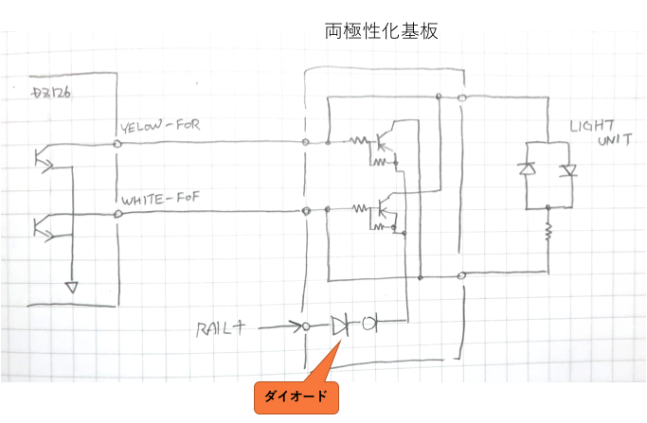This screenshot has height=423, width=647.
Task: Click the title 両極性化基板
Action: (x=381, y=31)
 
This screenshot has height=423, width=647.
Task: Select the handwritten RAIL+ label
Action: (x=221, y=328)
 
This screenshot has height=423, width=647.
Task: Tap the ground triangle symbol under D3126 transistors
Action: (x=71, y=286)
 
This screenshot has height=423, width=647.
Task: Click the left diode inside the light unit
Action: (x=524, y=169)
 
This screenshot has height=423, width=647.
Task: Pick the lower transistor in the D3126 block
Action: (x=43, y=227)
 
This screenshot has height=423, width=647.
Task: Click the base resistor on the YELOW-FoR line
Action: (x=359, y=142)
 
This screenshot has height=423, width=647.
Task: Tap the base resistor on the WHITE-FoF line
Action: (x=359, y=209)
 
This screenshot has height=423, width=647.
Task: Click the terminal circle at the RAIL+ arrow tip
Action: (x=306, y=326)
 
